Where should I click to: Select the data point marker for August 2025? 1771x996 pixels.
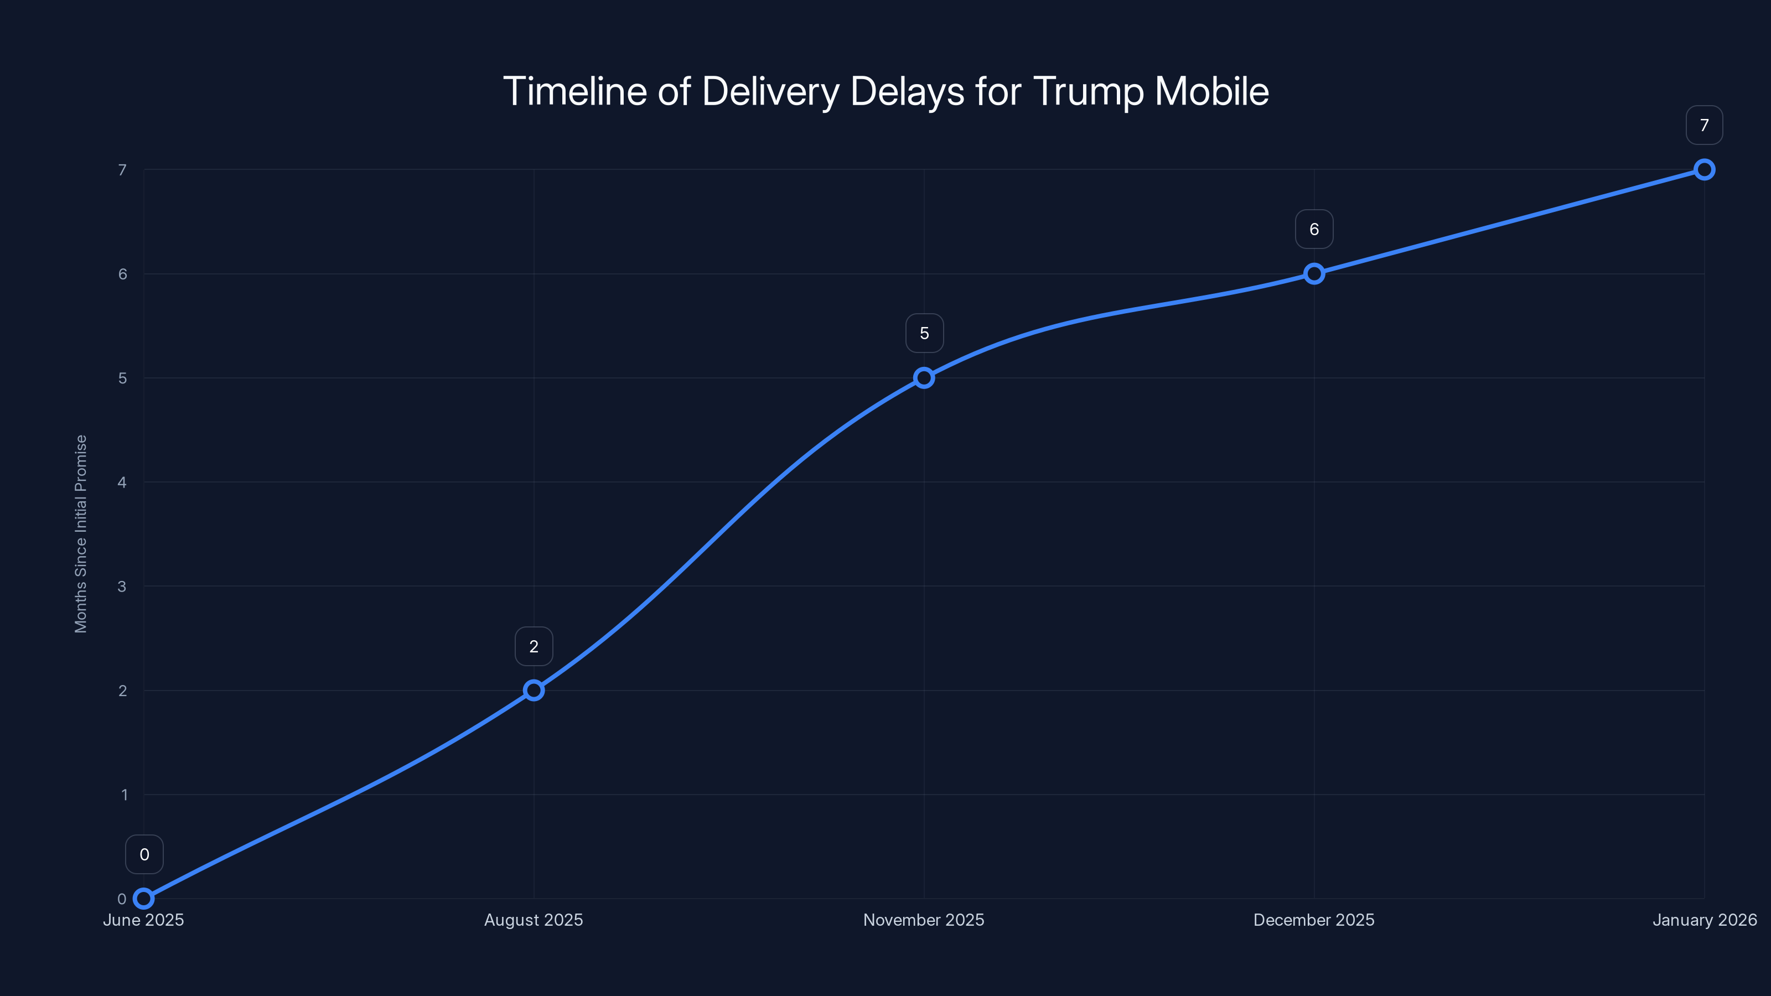(534, 689)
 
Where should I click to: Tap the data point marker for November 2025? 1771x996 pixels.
(924, 377)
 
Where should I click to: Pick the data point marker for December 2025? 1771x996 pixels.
(1314, 273)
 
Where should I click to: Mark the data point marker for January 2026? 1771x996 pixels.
(1703, 169)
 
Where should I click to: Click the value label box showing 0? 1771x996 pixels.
(144, 854)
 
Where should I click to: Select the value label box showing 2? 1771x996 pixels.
(534, 646)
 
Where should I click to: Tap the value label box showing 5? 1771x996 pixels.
(924, 333)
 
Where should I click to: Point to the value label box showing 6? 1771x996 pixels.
(1314, 229)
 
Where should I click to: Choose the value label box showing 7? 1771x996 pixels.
(1703, 125)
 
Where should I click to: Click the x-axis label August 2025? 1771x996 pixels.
(534, 920)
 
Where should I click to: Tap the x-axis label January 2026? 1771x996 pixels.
(1703, 920)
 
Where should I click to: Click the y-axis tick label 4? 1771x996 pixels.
(122, 482)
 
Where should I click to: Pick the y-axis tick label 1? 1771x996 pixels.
(125, 795)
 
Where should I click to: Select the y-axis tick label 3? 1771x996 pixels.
(122, 587)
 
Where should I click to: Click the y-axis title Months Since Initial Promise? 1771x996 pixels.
(81, 533)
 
